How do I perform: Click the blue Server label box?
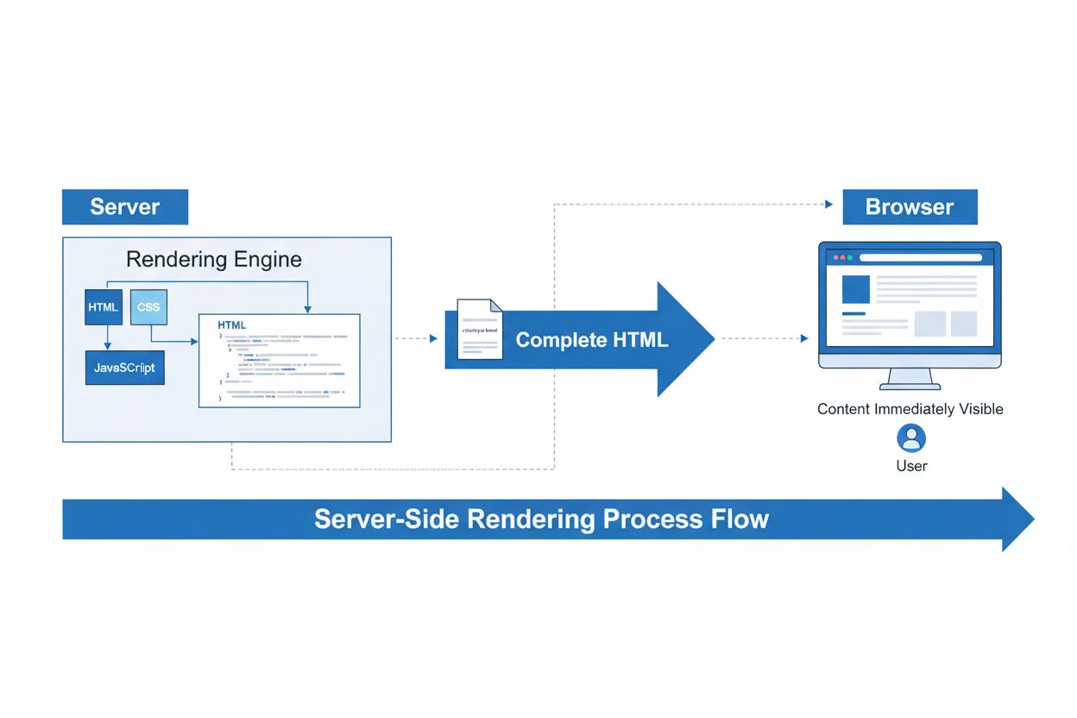pos(125,207)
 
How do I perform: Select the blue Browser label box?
pos(910,207)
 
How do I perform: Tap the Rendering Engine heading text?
pos(214,259)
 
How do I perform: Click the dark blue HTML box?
pos(104,307)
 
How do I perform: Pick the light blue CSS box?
pos(148,307)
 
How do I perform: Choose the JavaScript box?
pos(125,368)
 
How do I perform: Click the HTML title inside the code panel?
pos(232,325)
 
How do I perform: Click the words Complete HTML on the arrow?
pos(592,340)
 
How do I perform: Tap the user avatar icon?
pos(911,438)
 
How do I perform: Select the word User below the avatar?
pos(911,466)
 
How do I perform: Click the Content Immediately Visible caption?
pos(910,409)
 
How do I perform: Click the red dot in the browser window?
pos(836,257)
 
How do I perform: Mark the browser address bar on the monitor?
pos(920,257)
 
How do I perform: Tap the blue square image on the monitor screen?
pos(856,288)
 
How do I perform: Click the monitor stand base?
pos(910,385)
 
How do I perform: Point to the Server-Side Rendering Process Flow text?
pos(541,520)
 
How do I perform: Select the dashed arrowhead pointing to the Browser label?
pos(828,205)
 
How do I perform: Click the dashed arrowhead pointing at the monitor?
pos(804,338)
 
